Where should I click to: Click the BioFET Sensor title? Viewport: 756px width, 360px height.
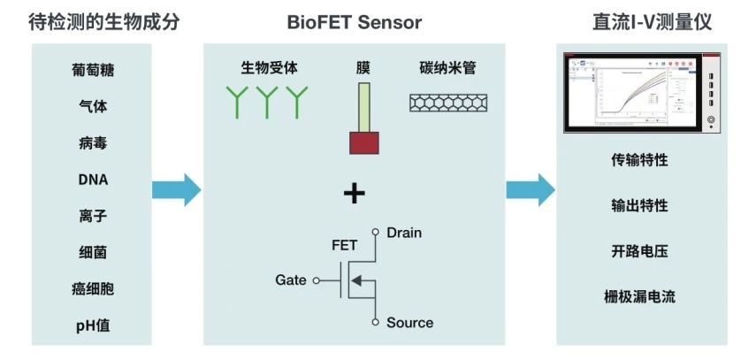click(354, 22)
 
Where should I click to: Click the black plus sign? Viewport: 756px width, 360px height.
click(354, 194)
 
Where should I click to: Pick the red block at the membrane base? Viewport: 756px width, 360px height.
click(363, 142)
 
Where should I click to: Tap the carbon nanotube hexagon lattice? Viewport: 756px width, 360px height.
click(446, 103)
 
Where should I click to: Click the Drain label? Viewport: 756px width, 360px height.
click(404, 233)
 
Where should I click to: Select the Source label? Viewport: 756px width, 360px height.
click(409, 323)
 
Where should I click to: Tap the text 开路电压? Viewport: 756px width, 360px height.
click(639, 251)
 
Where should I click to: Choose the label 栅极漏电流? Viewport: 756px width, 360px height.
click(639, 297)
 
